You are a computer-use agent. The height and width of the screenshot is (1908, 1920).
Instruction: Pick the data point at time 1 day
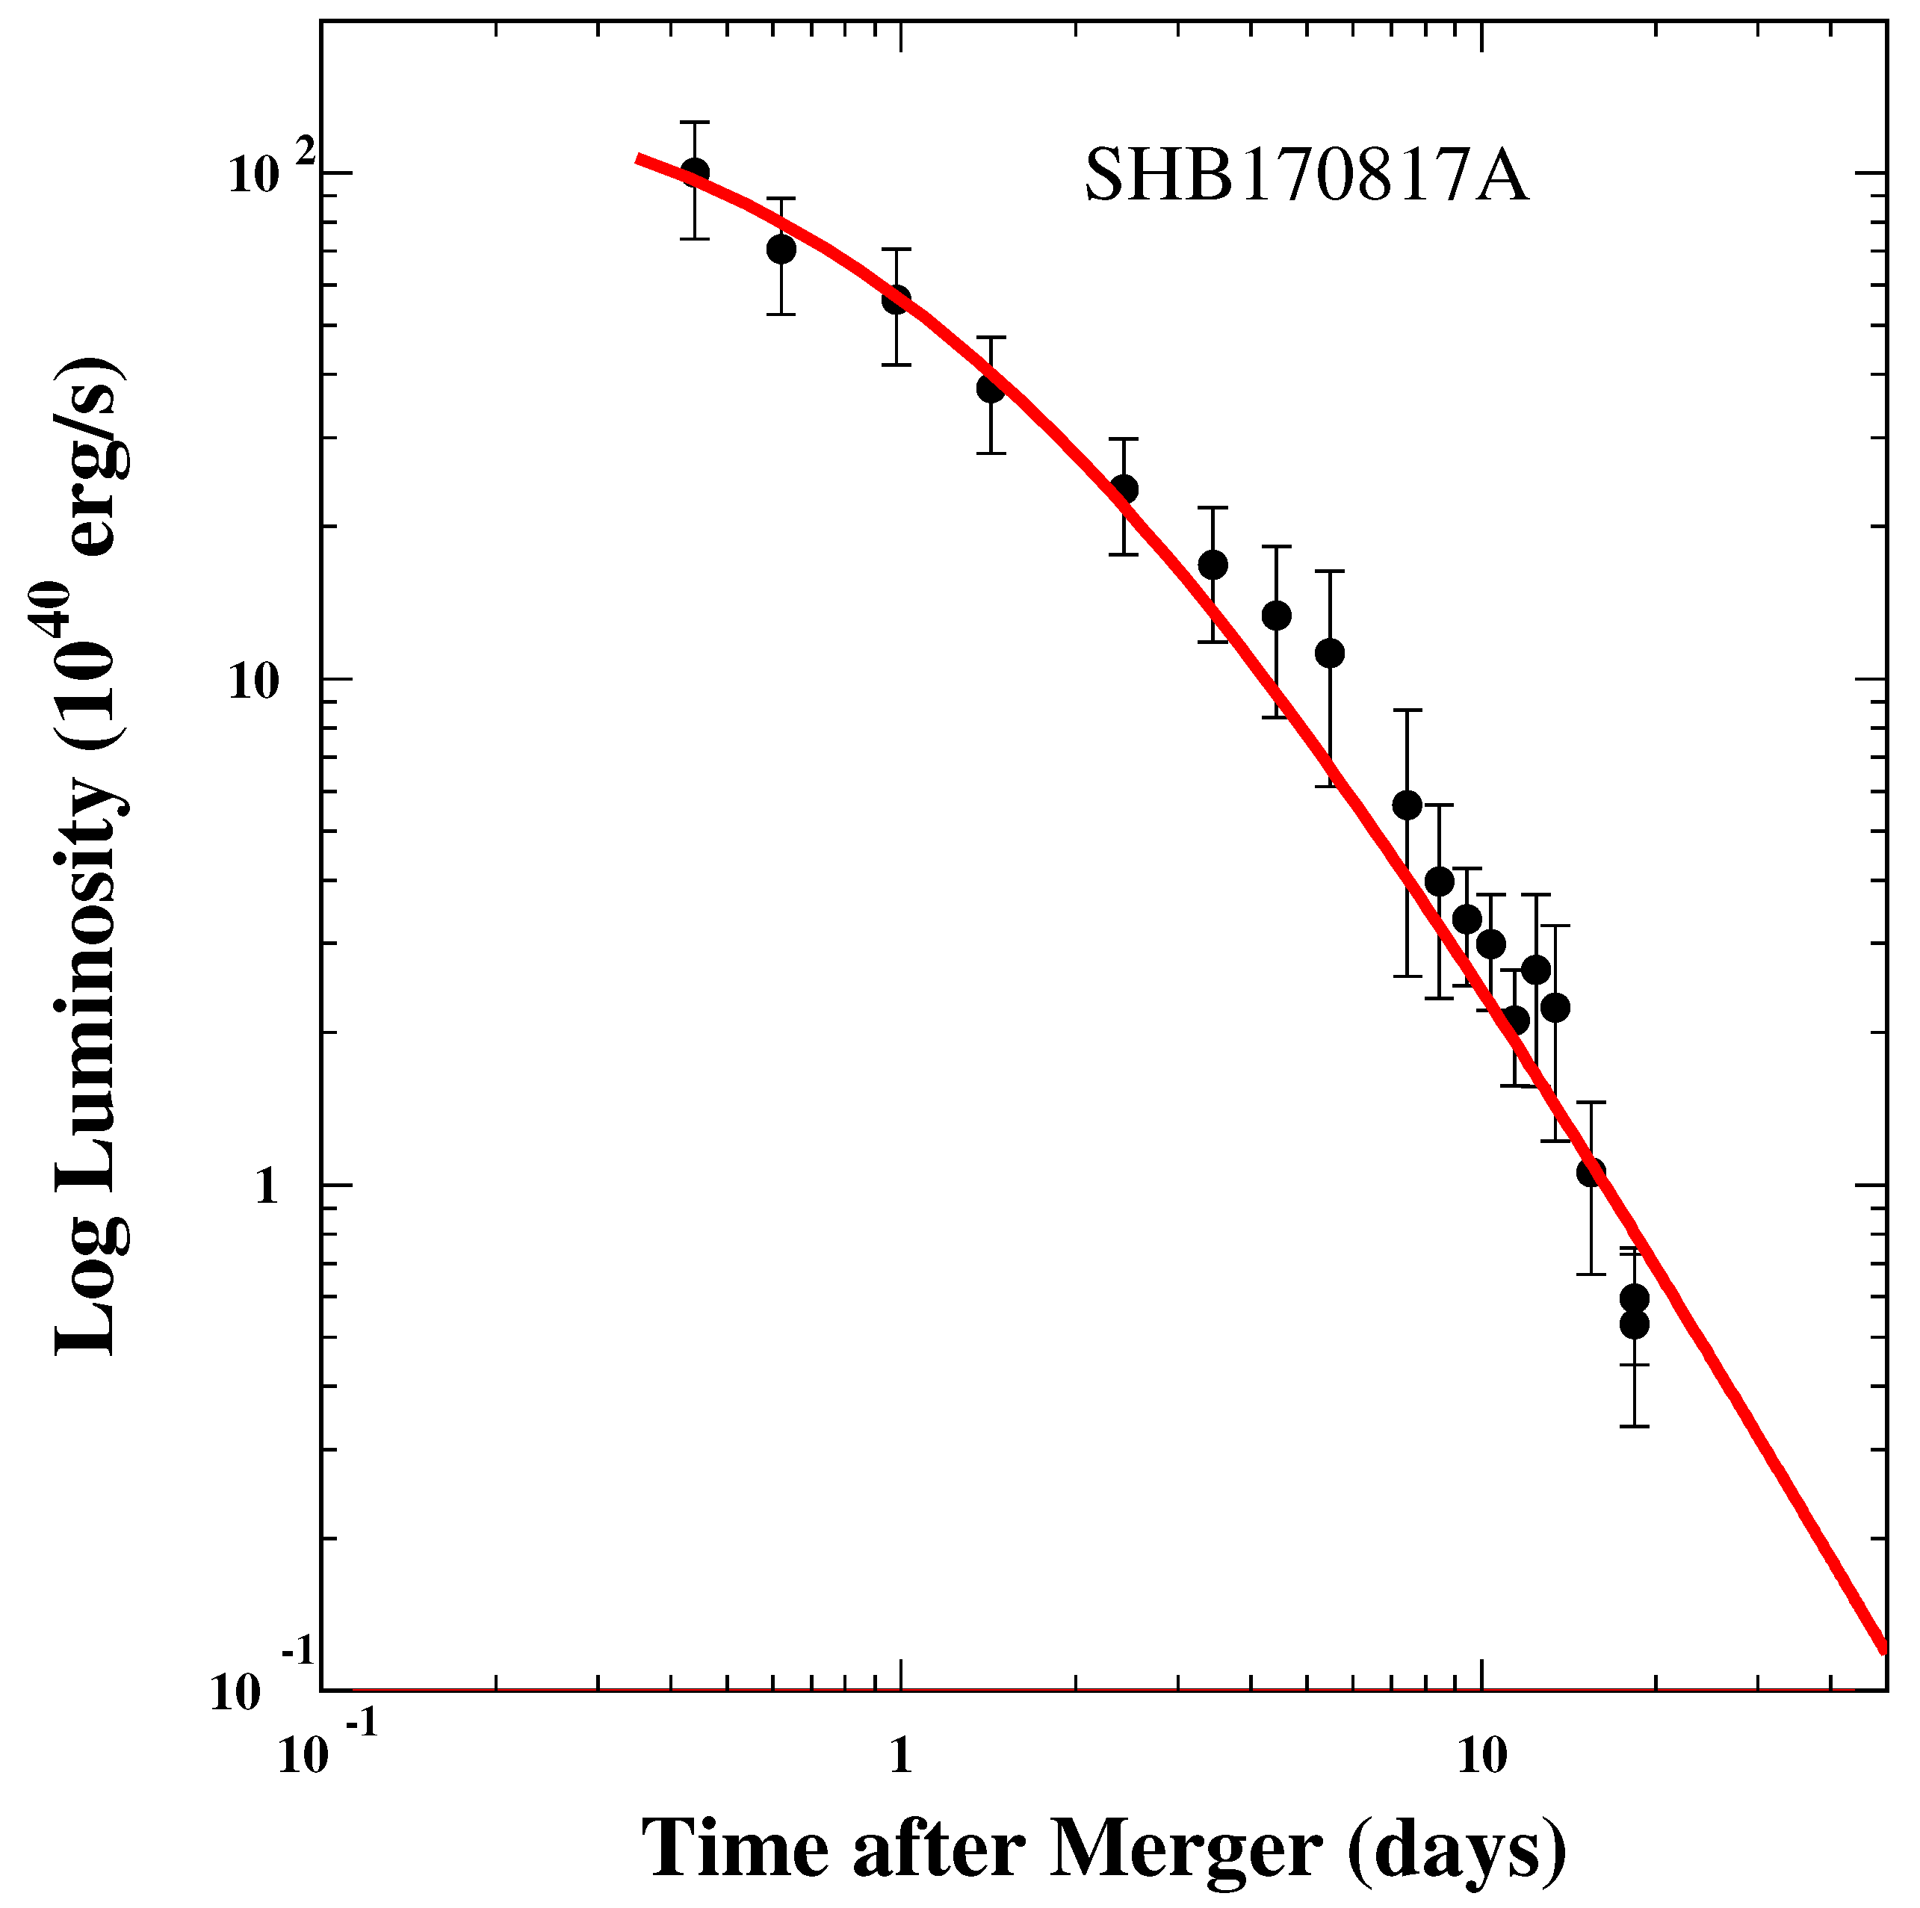point(896,299)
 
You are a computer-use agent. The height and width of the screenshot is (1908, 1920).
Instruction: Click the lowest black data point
point(1635,1325)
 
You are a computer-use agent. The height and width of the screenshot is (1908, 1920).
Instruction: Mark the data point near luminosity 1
point(1591,1174)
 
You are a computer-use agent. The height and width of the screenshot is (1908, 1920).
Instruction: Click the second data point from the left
point(781,249)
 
